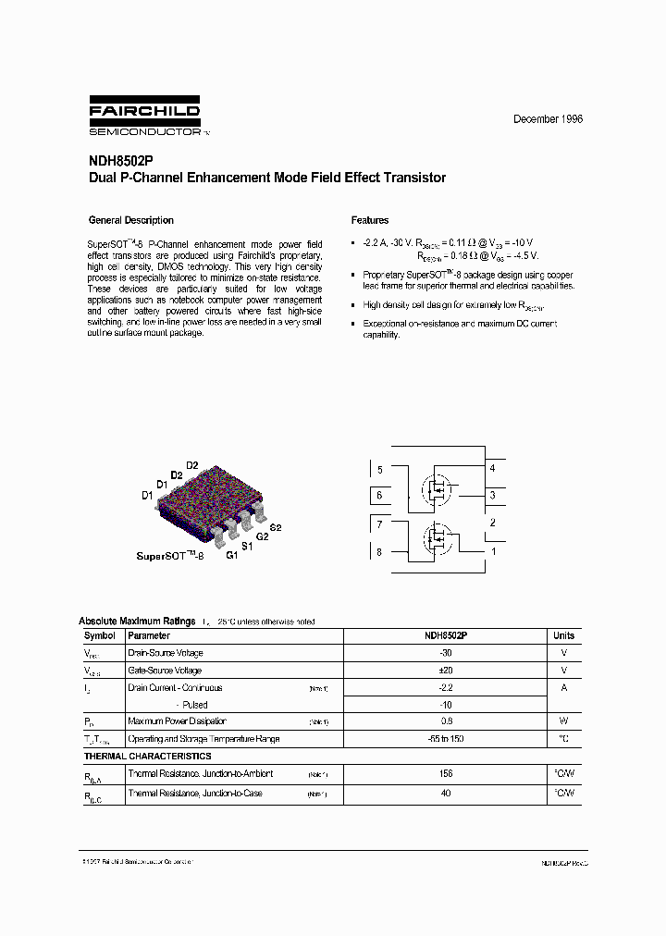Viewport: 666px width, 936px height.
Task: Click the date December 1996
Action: tap(548, 120)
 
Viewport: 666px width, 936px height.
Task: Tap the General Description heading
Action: tap(130, 221)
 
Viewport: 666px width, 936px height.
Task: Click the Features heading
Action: tap(370, 221)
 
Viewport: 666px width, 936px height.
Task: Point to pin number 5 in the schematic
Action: tap(378, 470)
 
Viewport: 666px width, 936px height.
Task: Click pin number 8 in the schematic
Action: tap(378, 552)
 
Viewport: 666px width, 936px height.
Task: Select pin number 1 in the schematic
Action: tap(493, 551)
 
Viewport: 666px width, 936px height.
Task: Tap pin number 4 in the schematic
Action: tap(492, 469)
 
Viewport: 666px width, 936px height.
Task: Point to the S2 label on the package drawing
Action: tap(275, 526)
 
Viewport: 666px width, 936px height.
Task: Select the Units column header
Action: tap(563, 635)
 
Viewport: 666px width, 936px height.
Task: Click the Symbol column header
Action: tap(100, 635)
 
